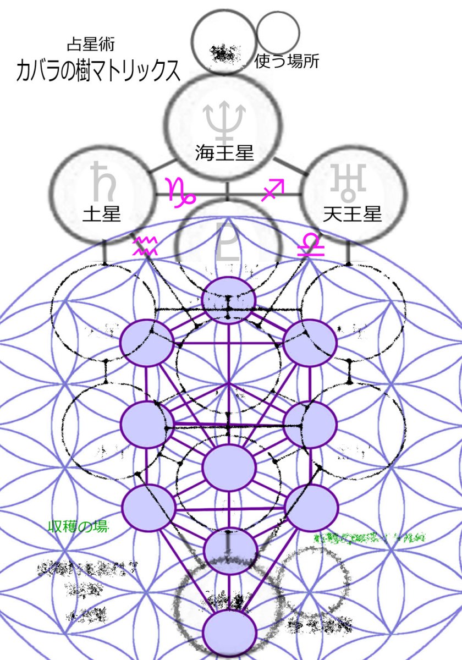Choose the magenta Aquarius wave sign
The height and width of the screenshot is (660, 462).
point(146,245)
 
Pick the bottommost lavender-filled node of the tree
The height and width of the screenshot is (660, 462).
point(230,632)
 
